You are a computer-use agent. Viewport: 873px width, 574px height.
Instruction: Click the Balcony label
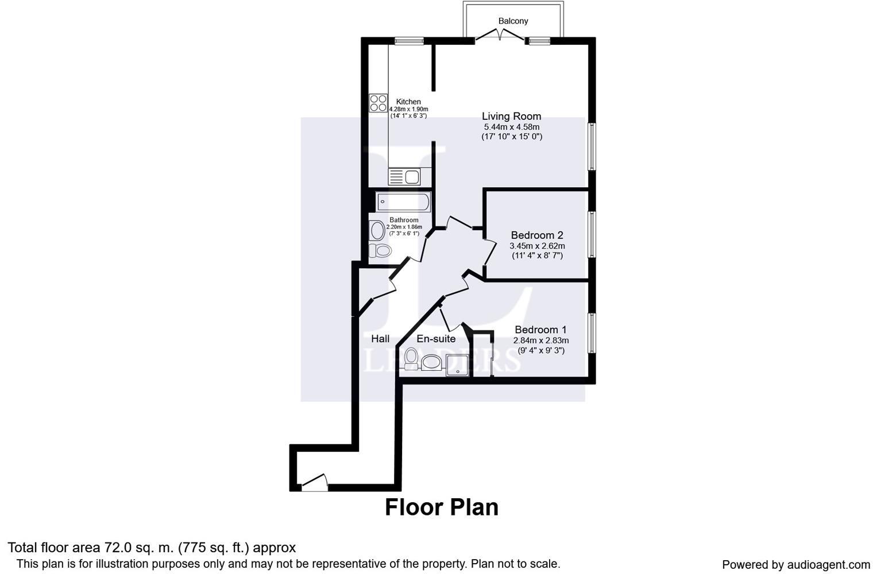[513, 21]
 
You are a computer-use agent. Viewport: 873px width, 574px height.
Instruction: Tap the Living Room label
[511, 117]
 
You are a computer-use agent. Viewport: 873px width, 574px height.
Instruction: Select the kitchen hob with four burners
[378, 103]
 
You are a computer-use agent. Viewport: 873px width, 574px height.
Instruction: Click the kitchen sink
[404, 177]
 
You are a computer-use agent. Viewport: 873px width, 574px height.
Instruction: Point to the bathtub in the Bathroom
[403, 202]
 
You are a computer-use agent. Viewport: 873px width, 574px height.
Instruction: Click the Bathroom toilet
[380, 251]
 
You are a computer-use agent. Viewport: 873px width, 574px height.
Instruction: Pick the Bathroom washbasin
[377, 231]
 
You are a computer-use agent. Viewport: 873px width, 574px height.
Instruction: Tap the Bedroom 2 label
[536, 235]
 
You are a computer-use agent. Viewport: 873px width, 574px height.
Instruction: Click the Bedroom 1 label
[540, 330]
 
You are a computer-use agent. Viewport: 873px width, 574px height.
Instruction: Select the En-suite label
[436, 339]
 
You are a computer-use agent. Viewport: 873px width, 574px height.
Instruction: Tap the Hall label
[380, 339]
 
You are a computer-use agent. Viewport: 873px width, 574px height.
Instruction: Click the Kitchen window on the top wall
[409, 41]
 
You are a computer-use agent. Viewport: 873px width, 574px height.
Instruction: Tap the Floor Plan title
[441, 507]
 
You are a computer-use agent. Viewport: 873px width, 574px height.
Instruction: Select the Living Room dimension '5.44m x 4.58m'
[511, 127]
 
